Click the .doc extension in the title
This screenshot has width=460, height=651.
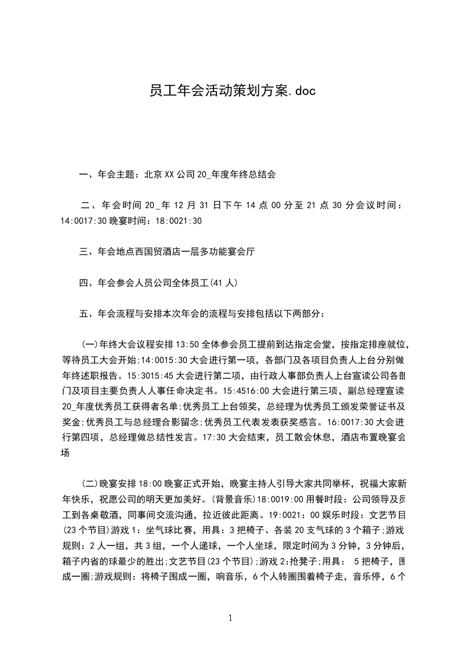click(x=302, y=91)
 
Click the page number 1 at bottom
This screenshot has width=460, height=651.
click(x=230, y=618)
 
